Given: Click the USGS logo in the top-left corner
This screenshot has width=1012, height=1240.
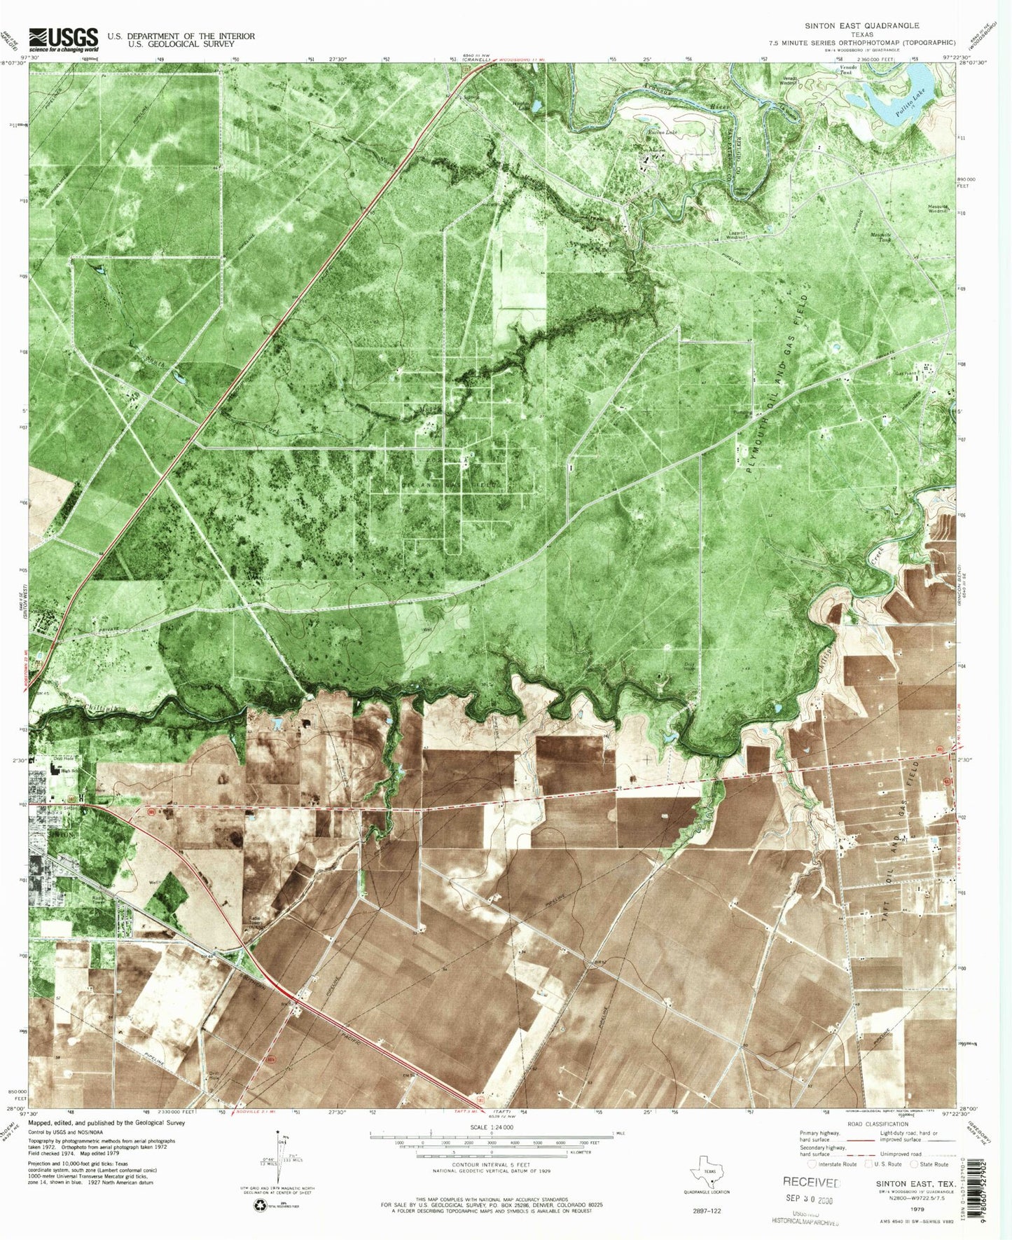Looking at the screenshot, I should coord(64,39).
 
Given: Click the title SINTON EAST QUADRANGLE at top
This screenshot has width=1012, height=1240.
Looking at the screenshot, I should coord(861,25).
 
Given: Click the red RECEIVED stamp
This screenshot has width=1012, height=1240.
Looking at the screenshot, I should coord(811,1182).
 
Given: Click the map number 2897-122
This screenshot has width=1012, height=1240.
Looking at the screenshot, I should coord(707,1210).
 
